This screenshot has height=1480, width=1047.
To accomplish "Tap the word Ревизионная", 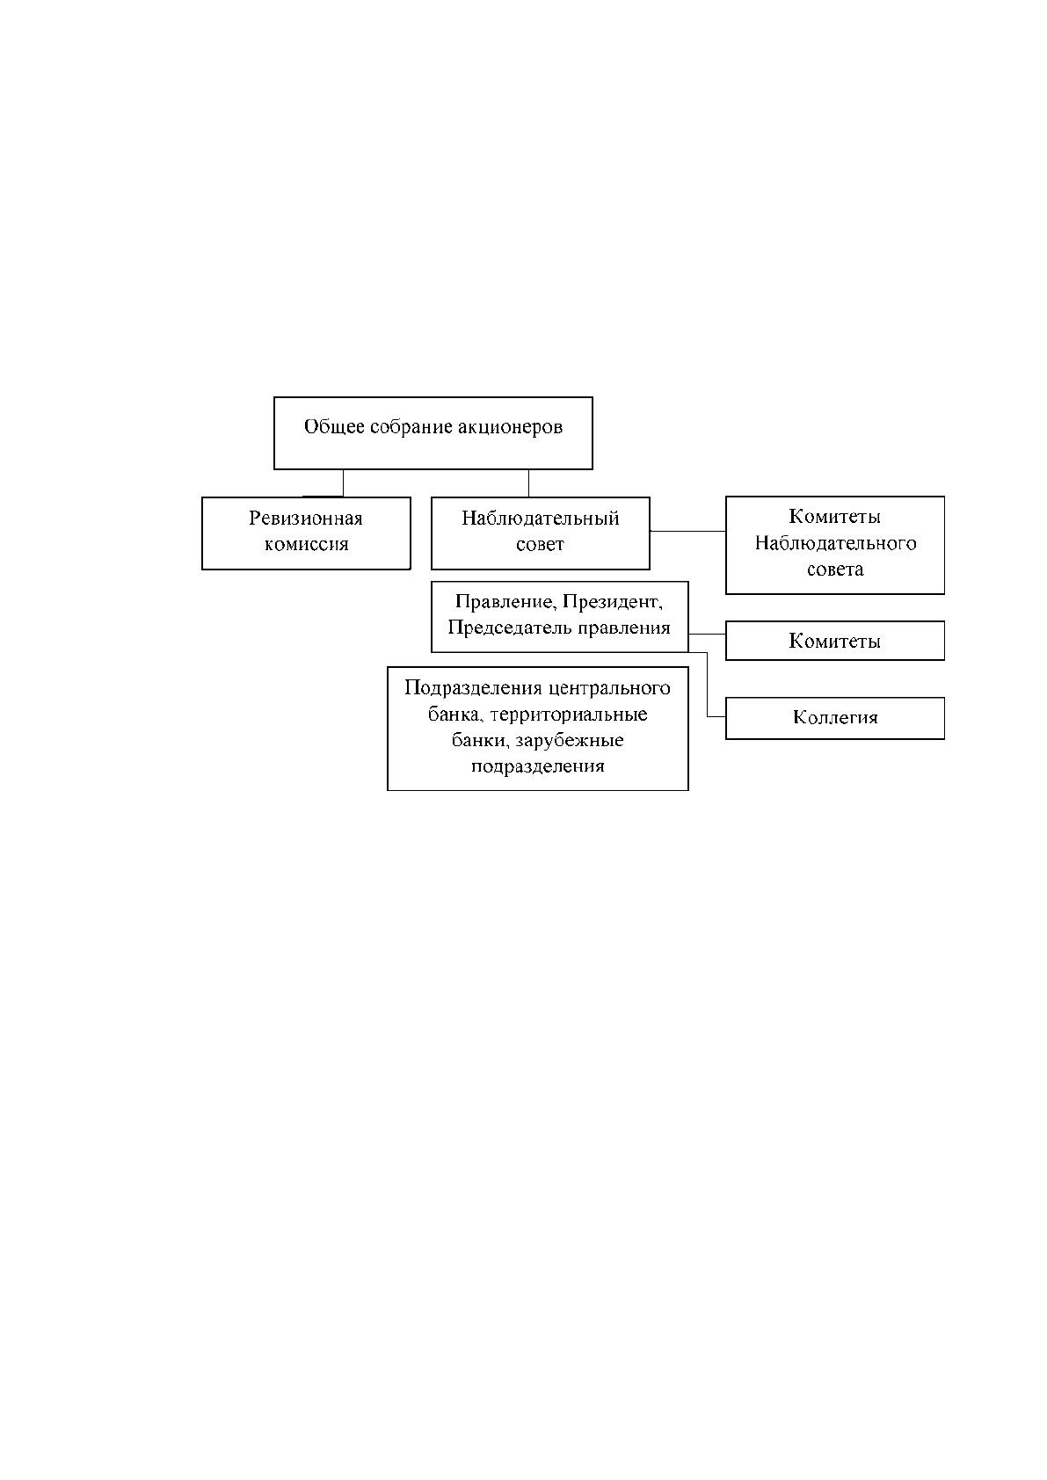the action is [x=305, y=518].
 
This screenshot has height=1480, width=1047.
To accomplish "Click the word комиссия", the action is [x=306, y=544].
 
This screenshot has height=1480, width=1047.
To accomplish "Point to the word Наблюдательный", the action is [x=540, y=518].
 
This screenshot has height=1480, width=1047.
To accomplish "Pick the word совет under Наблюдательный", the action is [x=540, y=544].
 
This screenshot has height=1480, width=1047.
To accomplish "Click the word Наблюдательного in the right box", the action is [x=835, y=543].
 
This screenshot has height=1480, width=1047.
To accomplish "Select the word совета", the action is [x=835, y=569].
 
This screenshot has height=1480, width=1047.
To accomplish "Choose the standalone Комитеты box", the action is [x=835, y=640].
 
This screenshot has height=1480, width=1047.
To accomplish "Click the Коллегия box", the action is [x=835, y=717].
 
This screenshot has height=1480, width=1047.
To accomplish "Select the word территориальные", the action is [x=569, y=715].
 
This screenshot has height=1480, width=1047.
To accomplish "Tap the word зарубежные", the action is [x=569, y=741].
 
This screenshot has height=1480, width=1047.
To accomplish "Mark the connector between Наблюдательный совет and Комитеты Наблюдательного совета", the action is [x=687, y=531].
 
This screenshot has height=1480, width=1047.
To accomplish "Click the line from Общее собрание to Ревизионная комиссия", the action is [x=343, y=483].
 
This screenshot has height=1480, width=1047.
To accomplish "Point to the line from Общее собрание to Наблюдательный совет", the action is [x=529, y=483].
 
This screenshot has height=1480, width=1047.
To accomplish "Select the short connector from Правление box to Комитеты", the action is [x=707, y=634].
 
